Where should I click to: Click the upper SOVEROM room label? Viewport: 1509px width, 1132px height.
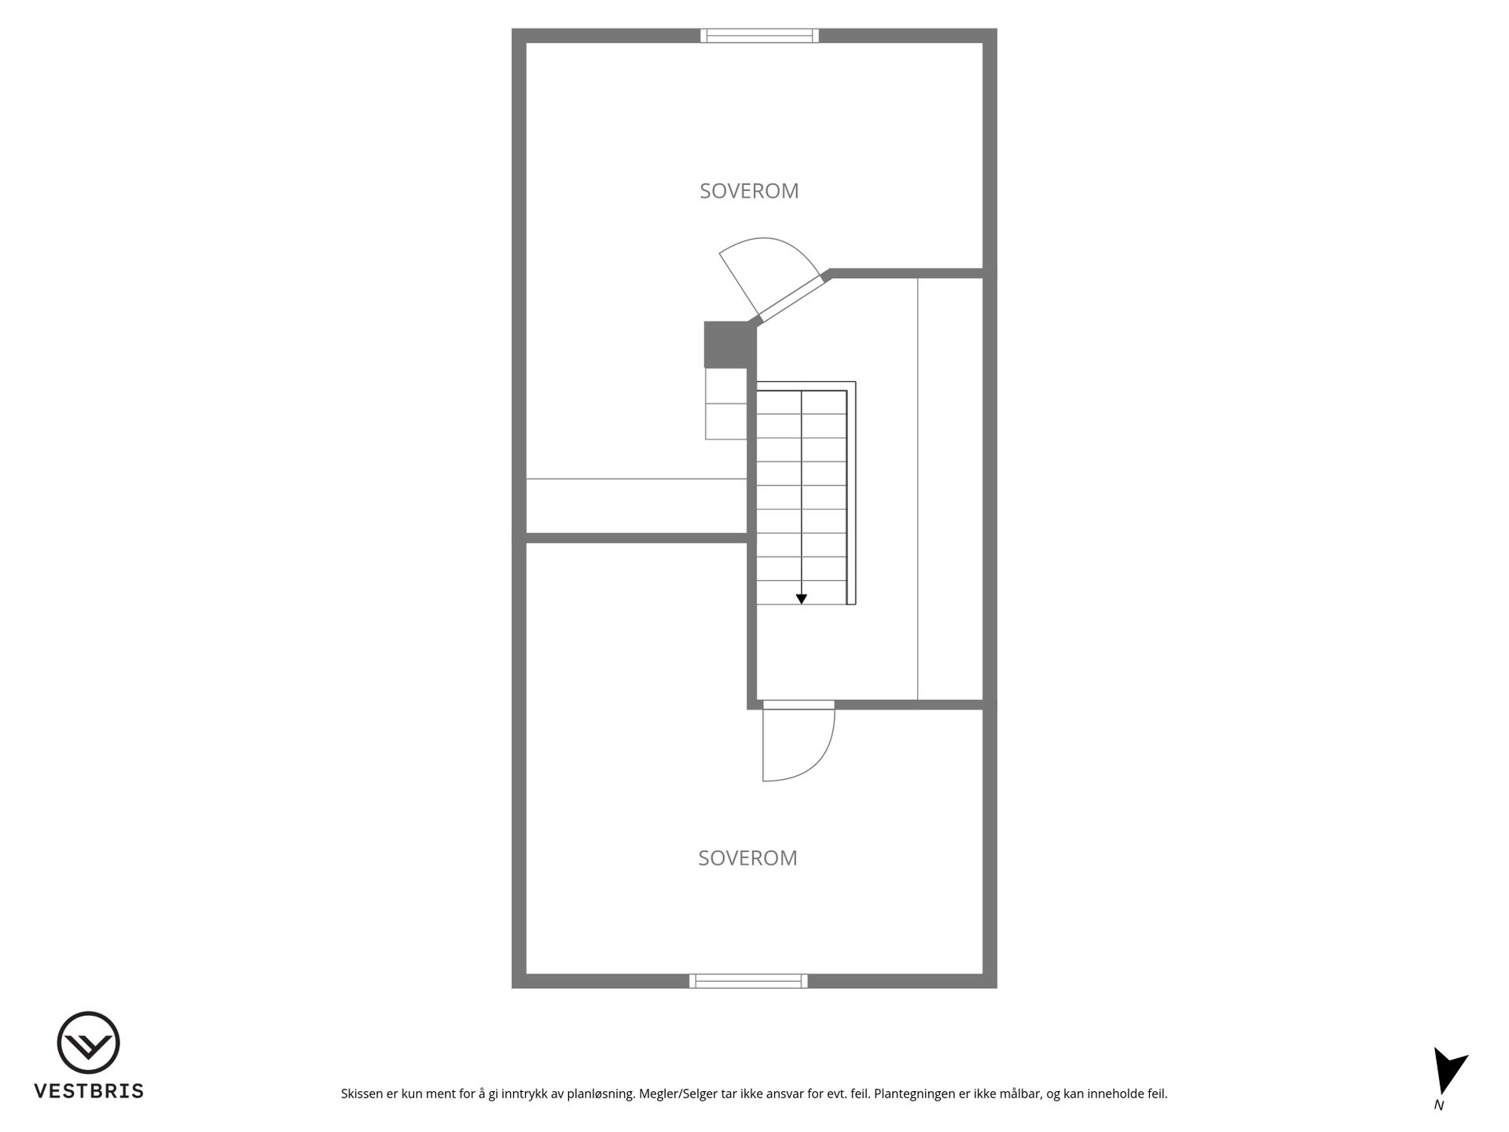pyautogui.click(x=749, y=191)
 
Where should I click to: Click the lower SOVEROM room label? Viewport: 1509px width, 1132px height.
pyautogui.click(x=747, y=858)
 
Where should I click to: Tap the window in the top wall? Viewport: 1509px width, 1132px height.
pyautogui.click(x=759, y=35)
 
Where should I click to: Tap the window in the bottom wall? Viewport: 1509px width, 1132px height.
pyautogui.click(x=748, y=980)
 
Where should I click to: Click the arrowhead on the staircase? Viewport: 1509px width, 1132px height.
pyautogui.click(x=801, y=599)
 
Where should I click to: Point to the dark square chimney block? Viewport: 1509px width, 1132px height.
pyautogui.click(x=725, y=344)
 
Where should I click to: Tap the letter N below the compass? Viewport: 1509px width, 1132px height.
pyautogui.click(x=1439, y=1105)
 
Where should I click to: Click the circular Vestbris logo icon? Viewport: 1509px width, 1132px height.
pyautogui.click(x=88, y=1042)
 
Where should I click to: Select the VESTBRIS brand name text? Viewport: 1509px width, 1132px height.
pyautogui.click(x=89, y=1091)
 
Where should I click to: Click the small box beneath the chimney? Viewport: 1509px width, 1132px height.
pyautogui.click(x=726, y=403)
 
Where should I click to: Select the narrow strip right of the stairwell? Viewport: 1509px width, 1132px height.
pyautogui.click(x=950, y=488)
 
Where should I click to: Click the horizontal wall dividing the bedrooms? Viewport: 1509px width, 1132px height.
pyautogui.click(x=637, y=538)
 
